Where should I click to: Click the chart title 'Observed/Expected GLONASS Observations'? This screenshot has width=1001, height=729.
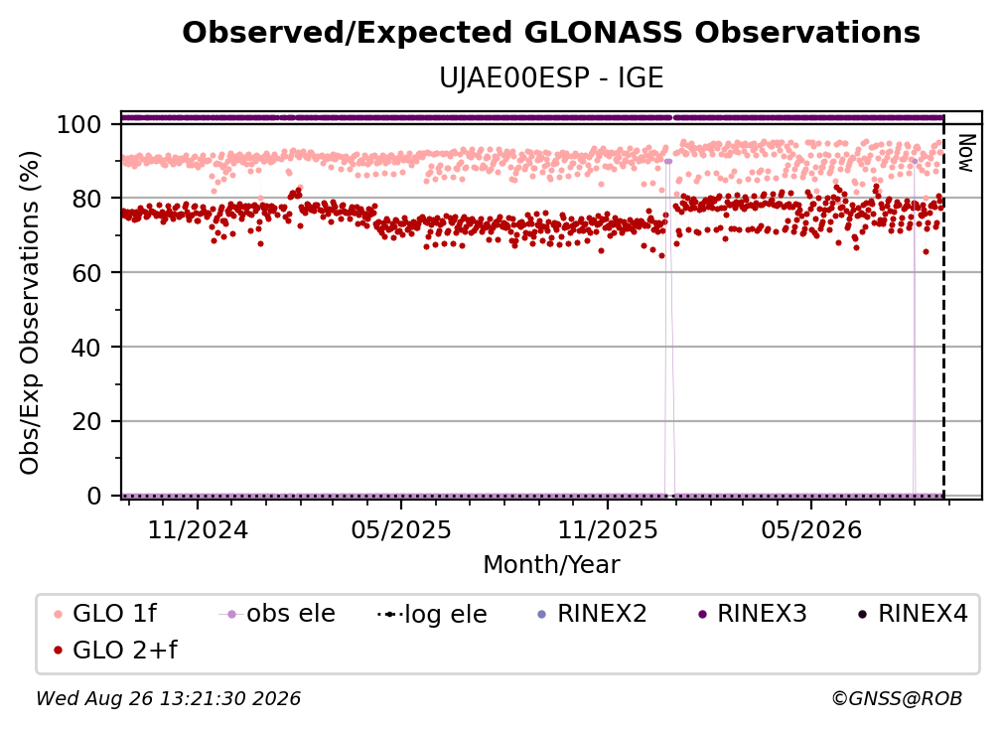551,33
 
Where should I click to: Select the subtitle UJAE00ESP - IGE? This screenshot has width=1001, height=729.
551,78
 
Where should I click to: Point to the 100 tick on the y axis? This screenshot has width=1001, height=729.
79,124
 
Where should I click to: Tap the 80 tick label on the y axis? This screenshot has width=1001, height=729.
86,199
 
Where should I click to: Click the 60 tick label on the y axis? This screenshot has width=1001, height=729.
86,273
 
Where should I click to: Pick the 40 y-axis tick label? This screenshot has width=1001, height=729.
86,348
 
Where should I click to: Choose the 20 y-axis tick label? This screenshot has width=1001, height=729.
86,421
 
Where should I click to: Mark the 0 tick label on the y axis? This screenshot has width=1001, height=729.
94,496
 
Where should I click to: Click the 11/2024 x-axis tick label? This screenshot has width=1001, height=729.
198,529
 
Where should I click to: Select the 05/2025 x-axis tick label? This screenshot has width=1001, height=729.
401,529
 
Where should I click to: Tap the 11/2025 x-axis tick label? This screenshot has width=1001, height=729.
608,529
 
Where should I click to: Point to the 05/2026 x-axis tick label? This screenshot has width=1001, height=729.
811,529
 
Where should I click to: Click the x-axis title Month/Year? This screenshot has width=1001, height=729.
551,564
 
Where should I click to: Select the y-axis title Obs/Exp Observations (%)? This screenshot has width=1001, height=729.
30,312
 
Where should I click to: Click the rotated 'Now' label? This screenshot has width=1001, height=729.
967,153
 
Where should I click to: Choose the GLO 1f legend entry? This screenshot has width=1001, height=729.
105,614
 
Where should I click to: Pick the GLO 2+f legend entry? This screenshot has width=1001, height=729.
115,650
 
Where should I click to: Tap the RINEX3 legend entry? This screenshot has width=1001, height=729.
753,614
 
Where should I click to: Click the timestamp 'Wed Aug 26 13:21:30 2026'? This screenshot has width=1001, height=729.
168,698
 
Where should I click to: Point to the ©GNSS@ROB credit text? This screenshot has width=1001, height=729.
897,698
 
